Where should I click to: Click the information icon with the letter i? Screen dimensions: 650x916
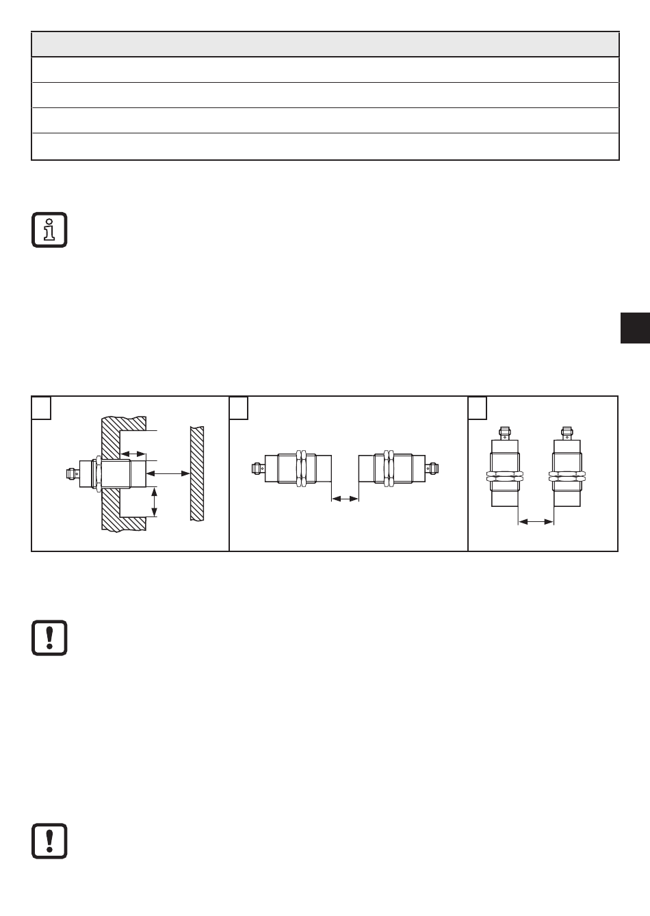click(49, 230)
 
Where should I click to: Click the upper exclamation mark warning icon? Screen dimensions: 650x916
click(49, 638)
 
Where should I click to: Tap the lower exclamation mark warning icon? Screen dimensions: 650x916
click(49, 841)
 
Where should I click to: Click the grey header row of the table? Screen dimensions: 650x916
click(325, 44)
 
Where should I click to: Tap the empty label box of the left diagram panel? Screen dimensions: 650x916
click(42, 408)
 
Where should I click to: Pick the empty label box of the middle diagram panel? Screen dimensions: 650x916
click(238, 408)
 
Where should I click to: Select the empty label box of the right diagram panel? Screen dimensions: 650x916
click(477, 408)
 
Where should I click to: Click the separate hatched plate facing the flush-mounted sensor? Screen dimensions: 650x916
click(197, 473)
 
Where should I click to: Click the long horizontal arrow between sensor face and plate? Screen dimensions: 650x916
click(168, 473)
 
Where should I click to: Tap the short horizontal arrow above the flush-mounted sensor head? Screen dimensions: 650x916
click(133, 453)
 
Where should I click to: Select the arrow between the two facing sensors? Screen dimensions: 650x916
click(345, 499)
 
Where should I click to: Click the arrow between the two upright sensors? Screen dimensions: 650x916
click(536, 522)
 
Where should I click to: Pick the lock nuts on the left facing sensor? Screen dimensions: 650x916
click(300, 469)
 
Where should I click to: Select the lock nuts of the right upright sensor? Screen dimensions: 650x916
click(567, 474)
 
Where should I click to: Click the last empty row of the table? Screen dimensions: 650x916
click(325, 147)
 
